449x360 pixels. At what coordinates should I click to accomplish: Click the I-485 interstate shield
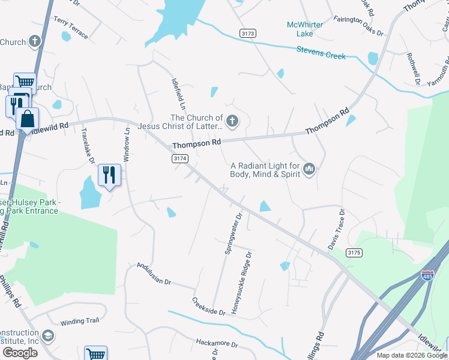427,276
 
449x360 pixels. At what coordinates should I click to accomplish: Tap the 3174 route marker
180,158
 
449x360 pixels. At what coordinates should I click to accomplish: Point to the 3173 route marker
247,32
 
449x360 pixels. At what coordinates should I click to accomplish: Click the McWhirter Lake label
305,29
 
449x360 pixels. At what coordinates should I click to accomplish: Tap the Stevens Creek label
321,52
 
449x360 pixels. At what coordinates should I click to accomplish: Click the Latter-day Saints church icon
232,122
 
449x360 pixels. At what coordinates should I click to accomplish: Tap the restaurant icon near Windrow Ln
109,175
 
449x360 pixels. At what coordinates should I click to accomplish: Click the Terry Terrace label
70,28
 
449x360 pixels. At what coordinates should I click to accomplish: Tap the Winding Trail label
80,320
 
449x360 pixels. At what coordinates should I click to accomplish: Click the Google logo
20,353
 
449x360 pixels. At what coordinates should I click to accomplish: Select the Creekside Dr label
208,307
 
